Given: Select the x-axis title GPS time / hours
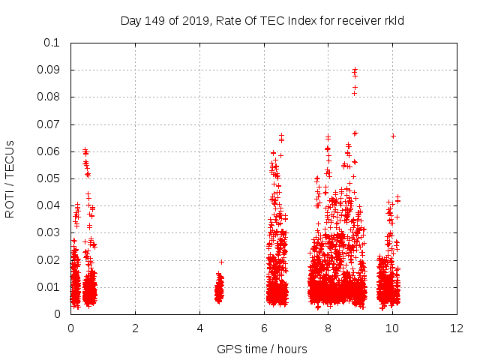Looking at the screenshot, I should [x=262, y=349].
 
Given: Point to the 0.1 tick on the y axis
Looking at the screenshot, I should [x=52, y=43].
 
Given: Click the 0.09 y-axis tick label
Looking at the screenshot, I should [x=49, y=70].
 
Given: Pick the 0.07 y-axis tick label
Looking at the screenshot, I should [x=49, y=124].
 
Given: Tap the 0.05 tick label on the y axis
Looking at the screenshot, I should [x=49, y=178].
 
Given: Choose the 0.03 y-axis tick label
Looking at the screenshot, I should [x=49, y=232].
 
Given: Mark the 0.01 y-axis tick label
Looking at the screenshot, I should [x=49, y=286].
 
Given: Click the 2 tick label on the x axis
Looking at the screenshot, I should [x=135, y=328].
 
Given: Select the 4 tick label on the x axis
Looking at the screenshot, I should [x=199, y=328].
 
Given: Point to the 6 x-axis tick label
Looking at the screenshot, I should [x=264, y=328].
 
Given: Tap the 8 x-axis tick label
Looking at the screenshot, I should [x=328, y=328].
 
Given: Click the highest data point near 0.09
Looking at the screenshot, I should [x=355, y=70].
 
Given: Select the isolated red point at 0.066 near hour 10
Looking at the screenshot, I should [x=393, y=136].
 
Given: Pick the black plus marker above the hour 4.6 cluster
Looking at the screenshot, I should [x=221, y=262].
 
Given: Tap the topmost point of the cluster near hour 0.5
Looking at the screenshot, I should [x=85, y=150].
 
